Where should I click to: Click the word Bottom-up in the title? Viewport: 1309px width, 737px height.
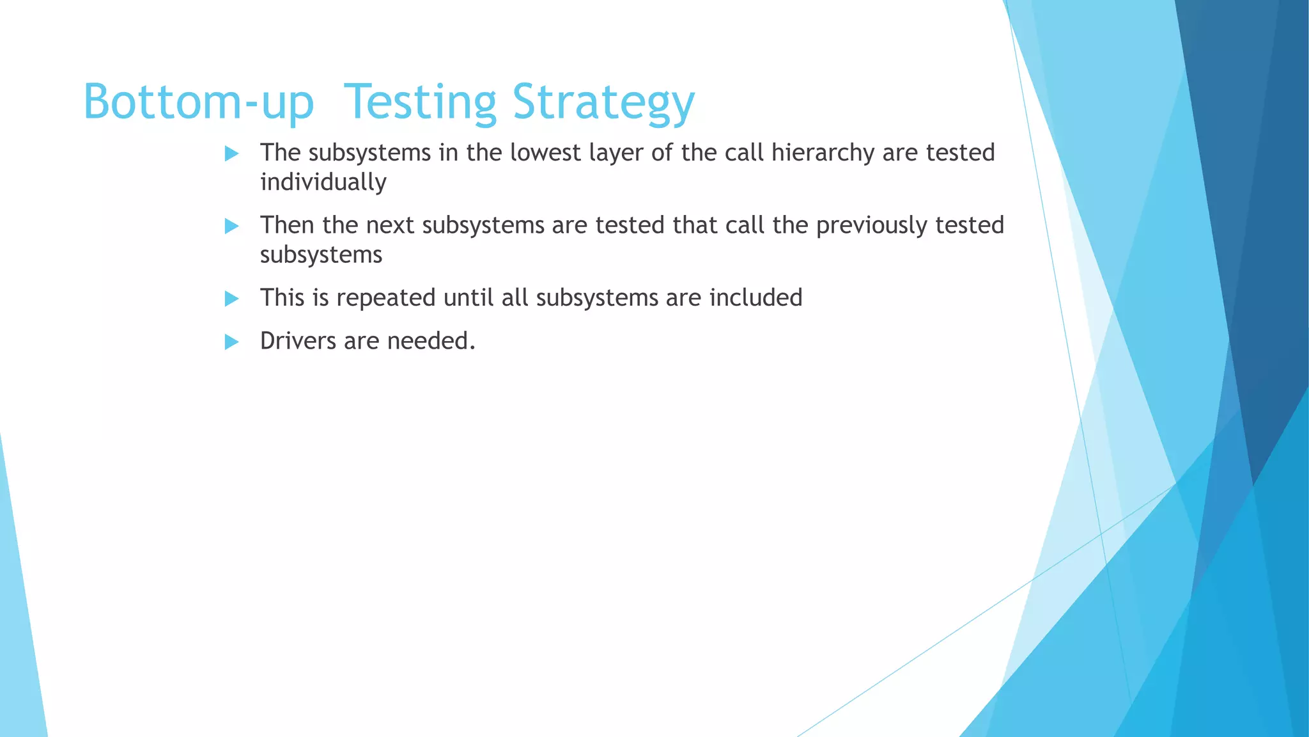[198, 102]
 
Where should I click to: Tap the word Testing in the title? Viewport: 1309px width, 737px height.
[420, 102]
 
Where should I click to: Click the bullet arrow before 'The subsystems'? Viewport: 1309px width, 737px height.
[231, 154]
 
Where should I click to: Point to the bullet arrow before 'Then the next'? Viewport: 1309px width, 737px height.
[231, 226]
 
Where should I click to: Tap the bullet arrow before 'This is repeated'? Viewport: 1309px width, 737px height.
[231, 299]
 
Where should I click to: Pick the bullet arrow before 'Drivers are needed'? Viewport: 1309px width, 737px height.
[231, 342]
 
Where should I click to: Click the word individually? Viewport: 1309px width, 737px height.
[323, 182]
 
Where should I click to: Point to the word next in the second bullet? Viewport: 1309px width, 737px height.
[390, 225]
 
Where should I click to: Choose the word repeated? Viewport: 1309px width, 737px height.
[385, 298]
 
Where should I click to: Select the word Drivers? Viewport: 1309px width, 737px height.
[298, 341]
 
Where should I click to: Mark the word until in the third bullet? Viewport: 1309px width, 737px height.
[468, 297]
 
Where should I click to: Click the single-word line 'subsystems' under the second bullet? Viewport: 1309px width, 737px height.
[321, 255]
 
